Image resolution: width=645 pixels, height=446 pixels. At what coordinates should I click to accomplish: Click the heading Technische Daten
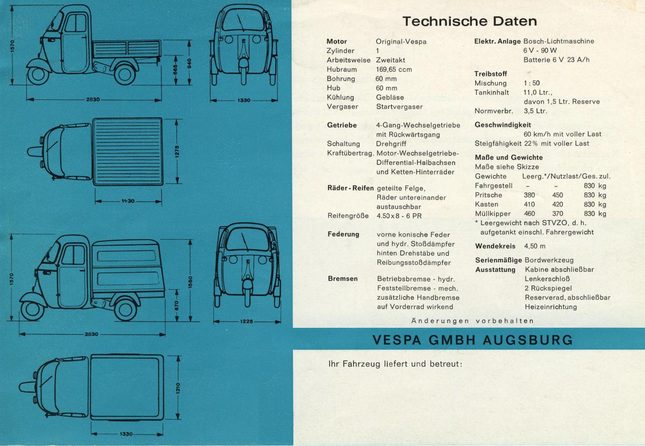pos(470,21)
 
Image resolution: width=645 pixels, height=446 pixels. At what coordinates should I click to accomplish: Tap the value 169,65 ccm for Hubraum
pos(394,69)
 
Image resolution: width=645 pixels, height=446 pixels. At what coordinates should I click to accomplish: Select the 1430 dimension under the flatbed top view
pos(128,201)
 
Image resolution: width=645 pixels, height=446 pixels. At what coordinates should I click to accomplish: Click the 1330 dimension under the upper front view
pos(243,100)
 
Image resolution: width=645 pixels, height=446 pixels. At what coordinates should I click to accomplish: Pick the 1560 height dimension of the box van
pos(190,282)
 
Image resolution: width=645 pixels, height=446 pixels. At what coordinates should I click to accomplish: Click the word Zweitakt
pos(391,60)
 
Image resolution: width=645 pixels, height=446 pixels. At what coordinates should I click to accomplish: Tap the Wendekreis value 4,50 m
pos(535,246)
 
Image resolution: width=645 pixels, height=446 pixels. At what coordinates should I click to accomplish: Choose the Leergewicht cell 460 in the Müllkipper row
pos(529,213)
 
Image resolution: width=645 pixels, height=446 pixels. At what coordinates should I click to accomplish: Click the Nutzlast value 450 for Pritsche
pos(557,195)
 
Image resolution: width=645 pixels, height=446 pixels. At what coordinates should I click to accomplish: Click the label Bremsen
pos(343,279)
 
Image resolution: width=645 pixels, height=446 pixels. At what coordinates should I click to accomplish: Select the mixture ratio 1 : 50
pos(532,83)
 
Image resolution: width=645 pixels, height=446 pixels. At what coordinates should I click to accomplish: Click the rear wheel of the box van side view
pos(125,308)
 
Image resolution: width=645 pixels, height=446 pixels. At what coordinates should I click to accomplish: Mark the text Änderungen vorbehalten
pos(472,321)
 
